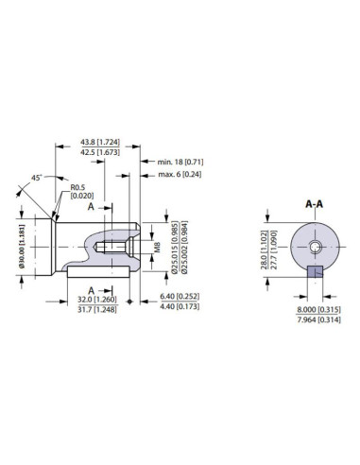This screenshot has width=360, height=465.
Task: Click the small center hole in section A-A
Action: coord(315,247)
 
